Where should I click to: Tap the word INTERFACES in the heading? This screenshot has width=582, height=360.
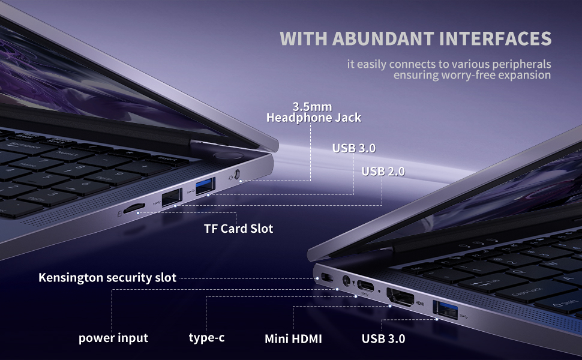coord(495,38)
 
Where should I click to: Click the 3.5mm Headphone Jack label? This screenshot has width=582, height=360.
coord(314,112)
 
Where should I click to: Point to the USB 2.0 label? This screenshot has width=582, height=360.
coord(383,172)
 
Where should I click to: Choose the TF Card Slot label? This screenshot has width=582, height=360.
coord(238,229)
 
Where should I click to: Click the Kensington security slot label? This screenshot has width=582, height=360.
coord(107,278)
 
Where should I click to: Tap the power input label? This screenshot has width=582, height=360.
coord(113,338)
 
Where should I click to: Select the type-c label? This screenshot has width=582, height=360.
coord(206,338)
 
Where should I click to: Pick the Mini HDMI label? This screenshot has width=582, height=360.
coord(293,339)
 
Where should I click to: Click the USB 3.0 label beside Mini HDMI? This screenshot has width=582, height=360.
coord(383,338)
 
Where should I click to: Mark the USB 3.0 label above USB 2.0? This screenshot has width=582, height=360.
coord(354,148)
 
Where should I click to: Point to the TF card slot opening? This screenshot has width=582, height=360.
coord(133,208)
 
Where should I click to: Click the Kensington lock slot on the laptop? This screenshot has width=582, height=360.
coord(327,277)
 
